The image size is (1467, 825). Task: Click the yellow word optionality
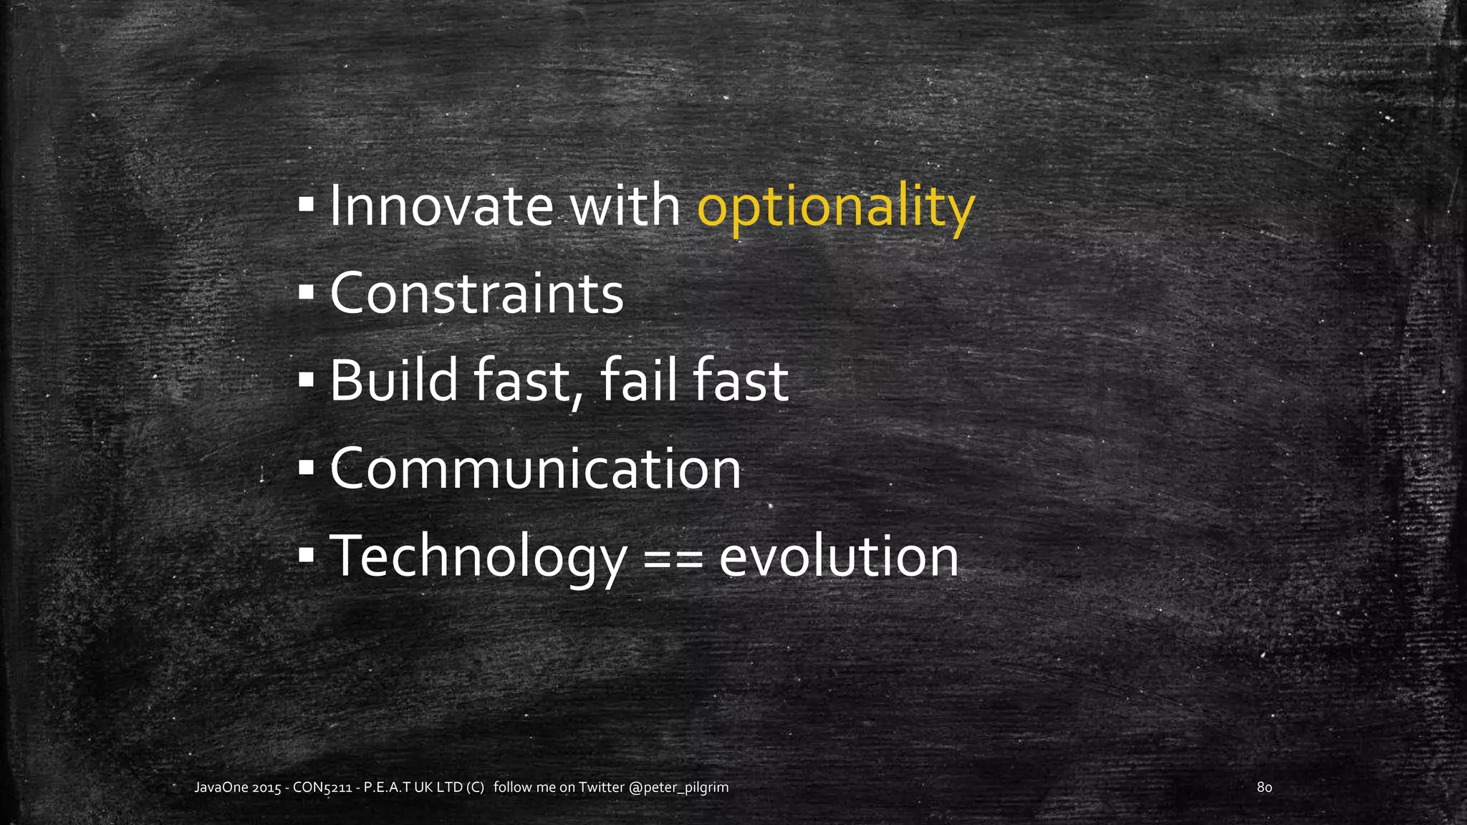click(x=836, y=208)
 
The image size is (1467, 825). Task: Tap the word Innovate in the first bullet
click(x=441, y=206)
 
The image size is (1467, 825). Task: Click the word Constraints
click(x=476, y=294)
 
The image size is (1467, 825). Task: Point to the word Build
click(x=393, y=381)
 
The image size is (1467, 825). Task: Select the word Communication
click(x=535, y=469)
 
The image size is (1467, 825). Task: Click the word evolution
click(x=838, y=557)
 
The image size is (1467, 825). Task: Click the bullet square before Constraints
click(x=306, y=293)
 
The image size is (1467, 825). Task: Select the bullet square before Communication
click(x=306, y=468)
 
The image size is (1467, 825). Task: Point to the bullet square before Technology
click(x=306, y=555)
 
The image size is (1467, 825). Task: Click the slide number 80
click(x=1264, y=788)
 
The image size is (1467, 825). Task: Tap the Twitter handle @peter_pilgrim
click(x=678, y=788)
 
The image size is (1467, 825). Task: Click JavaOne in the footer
click(x=221, y=788)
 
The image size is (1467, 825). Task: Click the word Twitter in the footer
click(x=601, y=788)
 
